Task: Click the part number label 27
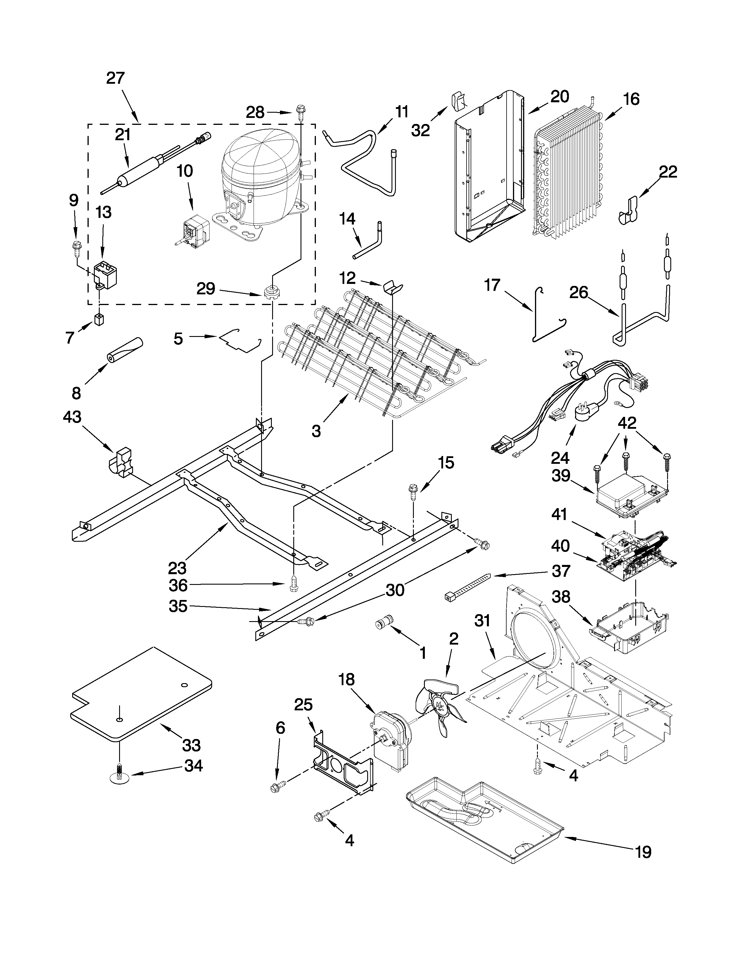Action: (116, 78)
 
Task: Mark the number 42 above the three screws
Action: (627, 423)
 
